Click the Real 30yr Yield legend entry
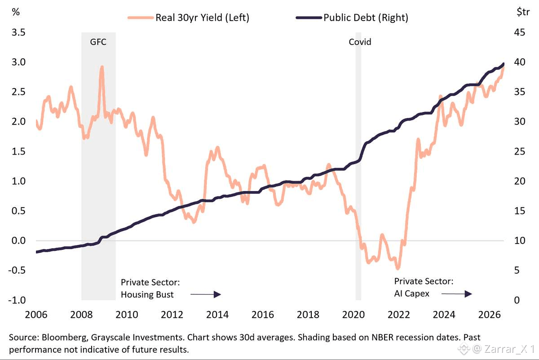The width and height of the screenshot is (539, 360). pyautogui.click(x=188, y=18)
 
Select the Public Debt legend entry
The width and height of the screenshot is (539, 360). pyautogui.click(x=352, y=18)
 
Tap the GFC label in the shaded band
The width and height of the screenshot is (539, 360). pyautogui.click(x=98, y=42)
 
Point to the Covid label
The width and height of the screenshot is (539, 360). pyautogui.click(x=360, y=42)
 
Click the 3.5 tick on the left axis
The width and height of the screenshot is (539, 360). pyautogui.click(x=18, y=32)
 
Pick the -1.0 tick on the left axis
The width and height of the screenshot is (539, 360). pyautogui.click(x=17, y=300)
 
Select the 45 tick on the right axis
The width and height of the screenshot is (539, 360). pyautogui.click(x=520, y=32)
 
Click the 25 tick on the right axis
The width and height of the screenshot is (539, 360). pyautogui.click(x=520, y=151)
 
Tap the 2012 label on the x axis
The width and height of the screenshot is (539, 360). pyautogui.click(x=172, y=315)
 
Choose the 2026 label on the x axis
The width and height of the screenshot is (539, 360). pyautogui.click(x=490, y=315)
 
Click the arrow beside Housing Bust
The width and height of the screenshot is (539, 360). pyautogui.click(x=206, y=294)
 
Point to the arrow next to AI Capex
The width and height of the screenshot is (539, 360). pyautogui.click(x=457, y=294)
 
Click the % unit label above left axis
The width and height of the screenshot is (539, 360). pyautogui.click(x=16, y=12)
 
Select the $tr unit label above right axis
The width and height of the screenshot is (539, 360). pyautogui.click(x=523, y=12)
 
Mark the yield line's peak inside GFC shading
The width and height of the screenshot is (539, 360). pyautogui.click(x=102, y=67)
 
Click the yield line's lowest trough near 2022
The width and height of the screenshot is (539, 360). pyautogui.click(x=398, y=268)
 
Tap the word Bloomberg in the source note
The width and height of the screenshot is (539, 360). pyautogui.click(x=64, y=337)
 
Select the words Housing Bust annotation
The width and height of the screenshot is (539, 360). pyautogui.click(x=147, y=294)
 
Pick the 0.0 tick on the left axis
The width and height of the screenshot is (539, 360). pyautogui.click(x=18, y=240)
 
